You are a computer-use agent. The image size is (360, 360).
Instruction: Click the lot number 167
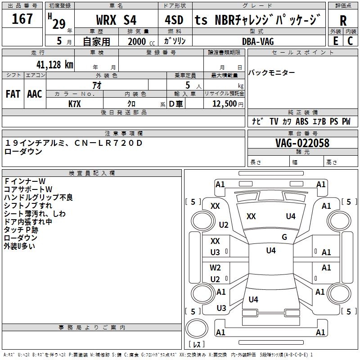pos(22,19)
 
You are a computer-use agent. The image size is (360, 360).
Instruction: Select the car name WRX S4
pos(117,20)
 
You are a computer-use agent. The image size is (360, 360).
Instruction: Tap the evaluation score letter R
pos(343,20)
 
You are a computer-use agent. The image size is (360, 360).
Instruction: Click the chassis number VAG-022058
pos(302,143)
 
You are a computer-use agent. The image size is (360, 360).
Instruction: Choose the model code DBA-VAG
pos(258,41)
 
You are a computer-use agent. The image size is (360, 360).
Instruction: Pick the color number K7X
pos(75,103)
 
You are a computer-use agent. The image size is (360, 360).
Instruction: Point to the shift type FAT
pos(13,94)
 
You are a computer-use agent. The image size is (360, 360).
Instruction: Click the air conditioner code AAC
pos(35,94)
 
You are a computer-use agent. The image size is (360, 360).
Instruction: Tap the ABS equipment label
pos(302,121)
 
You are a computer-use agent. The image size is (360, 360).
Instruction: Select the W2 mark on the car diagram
pos(216,268)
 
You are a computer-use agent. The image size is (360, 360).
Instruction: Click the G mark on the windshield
pos(284,237)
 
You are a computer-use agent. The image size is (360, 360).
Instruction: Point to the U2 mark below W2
pos(216,279)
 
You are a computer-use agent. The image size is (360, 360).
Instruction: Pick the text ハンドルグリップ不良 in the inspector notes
pos(38,197)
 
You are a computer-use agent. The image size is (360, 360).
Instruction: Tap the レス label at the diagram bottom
pos(197,345)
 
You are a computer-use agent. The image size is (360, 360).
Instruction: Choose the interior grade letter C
pos(350,41)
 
